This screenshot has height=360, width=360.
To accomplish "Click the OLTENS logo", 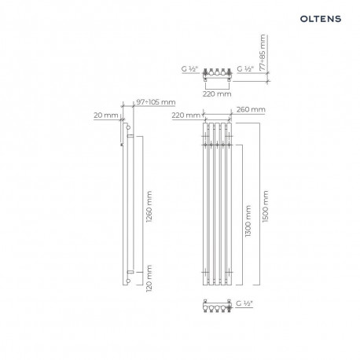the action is click(321, 19).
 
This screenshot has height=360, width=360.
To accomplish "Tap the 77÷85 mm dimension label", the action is click(263, 53).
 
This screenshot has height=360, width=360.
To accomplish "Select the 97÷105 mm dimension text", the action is click(156, 102).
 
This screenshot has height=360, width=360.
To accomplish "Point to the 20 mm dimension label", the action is click(106, 116).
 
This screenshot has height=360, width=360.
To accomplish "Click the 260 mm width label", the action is click(251, 109).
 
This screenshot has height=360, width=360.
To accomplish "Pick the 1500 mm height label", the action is click(266, 207).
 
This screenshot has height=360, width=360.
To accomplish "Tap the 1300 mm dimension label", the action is click(248, 221).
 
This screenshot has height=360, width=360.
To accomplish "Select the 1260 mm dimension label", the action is click(149, 207).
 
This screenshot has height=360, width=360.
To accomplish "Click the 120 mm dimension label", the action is click(149, 278).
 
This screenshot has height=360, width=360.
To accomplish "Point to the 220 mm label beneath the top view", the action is click(217, 94).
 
